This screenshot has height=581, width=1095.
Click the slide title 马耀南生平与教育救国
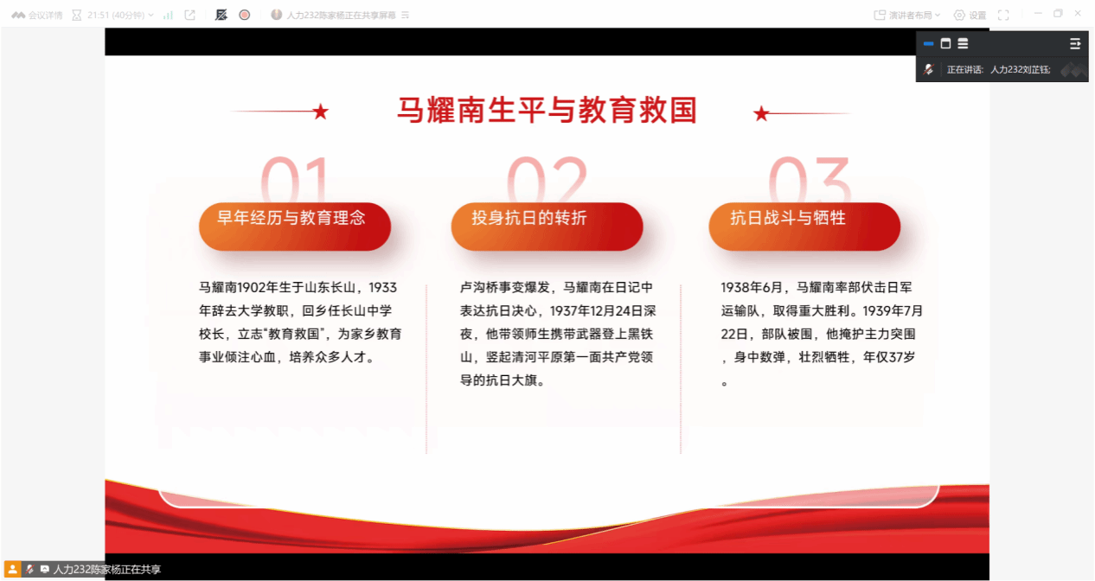click(x=547, y=111)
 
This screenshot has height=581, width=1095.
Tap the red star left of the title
click(x=321, y=112)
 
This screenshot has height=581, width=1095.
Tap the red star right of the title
click(x=761, y=114)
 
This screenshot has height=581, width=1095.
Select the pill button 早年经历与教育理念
click(x=295, y=227)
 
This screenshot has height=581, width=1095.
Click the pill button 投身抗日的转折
click(x=547, y=227)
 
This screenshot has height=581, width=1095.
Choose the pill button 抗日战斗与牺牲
click(x=804, y=227)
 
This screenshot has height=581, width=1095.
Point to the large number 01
click(x=295, y=179)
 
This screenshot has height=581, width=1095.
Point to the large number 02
click(x=547, y=179)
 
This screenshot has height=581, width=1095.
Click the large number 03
click(x=810, y=179)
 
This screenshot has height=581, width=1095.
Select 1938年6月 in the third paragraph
click(x=751, y=287)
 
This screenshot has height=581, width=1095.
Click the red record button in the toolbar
click(x=245, y=16)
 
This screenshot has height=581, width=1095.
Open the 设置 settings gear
click(x=959, y=16)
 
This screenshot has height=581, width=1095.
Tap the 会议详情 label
click(x=45, y=16)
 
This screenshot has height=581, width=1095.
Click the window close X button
click(x=1078, y=14)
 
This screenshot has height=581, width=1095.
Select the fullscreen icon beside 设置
click(x=1003, y=16)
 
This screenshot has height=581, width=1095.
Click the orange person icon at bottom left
click(x=12, y=569)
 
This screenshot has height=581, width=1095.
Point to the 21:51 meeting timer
click(x=99, y=16)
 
